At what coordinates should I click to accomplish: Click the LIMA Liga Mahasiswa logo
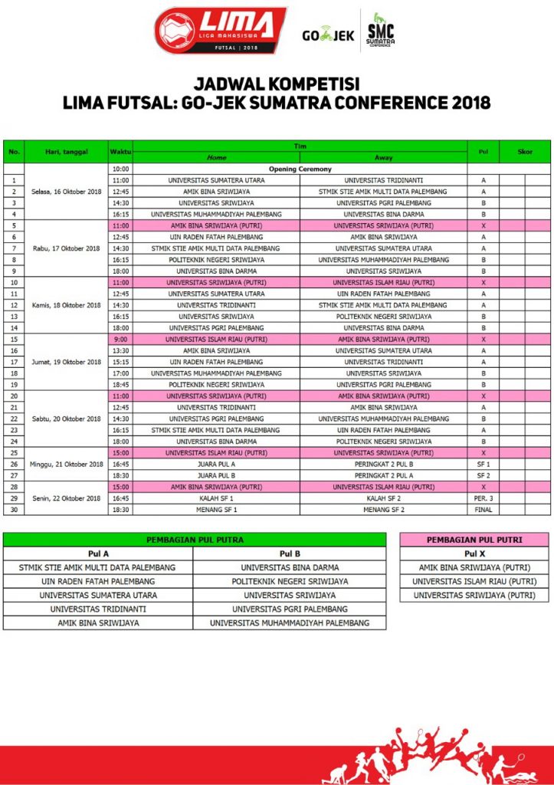click(221, 31)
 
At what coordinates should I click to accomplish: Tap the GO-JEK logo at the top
click(327, 34)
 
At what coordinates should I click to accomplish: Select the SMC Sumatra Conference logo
click(379, 31)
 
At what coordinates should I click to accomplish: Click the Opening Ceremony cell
click(300, 169)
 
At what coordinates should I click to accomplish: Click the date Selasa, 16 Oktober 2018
click(67, 191)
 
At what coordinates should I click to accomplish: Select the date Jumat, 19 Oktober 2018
click(67, 361)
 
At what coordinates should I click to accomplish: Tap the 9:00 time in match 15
click(120, 339)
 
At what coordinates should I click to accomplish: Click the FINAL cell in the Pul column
click(483, 509)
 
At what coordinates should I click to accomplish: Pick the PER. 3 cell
click(483, 498)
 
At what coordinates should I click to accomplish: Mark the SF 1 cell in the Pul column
click(483, 464)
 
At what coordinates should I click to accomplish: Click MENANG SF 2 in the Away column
click(383, 509)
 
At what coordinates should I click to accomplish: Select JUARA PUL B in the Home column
click(217, 475)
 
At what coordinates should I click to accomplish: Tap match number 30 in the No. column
click(14, 509)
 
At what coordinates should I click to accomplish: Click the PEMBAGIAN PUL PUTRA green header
click(195, 540)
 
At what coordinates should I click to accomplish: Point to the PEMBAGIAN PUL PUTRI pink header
click(474, 540)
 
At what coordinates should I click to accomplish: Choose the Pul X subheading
click(474, 553)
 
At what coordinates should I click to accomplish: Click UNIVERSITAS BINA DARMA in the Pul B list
click(290, 567)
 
